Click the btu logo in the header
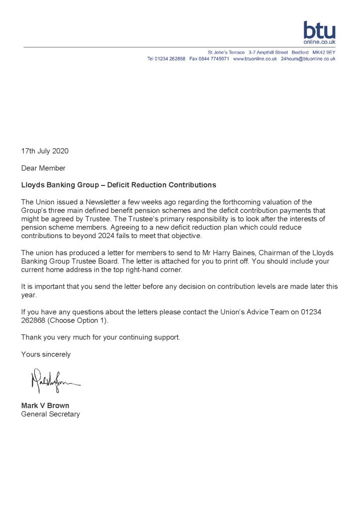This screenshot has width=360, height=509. pos(319,33)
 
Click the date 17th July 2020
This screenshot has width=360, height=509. pos(45,151)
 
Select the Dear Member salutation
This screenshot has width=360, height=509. pos(43,168)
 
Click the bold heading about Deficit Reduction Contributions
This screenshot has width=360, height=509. pos(118,185)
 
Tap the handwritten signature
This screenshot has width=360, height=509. pos(55,382)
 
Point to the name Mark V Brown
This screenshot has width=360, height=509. pos(45,406)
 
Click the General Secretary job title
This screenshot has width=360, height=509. pos(50,414)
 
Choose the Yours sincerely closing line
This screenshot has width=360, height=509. pos(46,354)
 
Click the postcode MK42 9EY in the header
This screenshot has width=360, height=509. pos(324,52)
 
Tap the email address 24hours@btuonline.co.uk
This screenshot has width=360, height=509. pos(308,59)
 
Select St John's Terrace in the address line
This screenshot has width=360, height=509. pos(226,52)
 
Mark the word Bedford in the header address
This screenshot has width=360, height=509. pos(300,52)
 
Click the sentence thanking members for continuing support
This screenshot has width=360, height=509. pos(100,338)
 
